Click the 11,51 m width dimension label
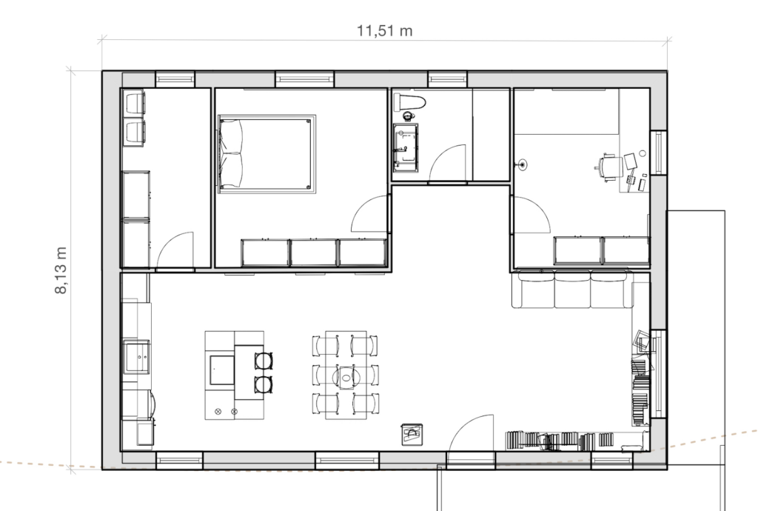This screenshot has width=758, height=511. click(x=384, y=31)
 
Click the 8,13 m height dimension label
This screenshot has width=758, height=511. click(x=61, y=270)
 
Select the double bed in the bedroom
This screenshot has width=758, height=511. click(x=266, y=154)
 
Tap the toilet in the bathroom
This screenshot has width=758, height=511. click(x=409, y=103)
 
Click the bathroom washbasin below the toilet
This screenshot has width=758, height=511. click(x=406, y=147)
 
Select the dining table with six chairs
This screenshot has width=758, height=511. click(x=346, y=375)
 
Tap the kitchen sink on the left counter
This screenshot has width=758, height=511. click(x=136, y=357)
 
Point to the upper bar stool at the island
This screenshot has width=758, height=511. click(x=264, y=361)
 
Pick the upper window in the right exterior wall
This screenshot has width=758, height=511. click(x=658, y=153)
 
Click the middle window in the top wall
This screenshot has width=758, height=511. click(x=304, y=79)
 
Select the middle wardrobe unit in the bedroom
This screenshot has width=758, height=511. click(x=313, y=253)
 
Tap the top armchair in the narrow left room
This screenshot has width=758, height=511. click(x=135, y=103)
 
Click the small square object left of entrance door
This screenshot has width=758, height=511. click(x=412, y=434)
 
